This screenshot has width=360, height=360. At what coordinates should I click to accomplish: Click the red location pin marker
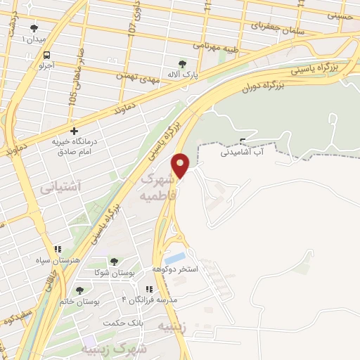coord(181,166)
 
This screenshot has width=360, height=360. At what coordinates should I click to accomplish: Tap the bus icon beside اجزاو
coord(47,55)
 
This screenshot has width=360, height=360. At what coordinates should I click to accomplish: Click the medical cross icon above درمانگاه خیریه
coord(73,131)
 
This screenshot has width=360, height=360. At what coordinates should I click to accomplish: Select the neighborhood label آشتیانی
coord(60,186)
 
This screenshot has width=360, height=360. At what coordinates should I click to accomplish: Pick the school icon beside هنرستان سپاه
coord(59,249)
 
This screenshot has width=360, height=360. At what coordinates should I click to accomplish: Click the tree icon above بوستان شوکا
coord(114,262)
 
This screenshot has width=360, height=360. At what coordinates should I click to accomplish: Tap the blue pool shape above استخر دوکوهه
coord(175,257)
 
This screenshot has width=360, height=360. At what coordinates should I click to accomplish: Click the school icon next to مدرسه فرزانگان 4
coord(148,289)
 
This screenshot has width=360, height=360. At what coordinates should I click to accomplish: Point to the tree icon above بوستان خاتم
coord(79,290)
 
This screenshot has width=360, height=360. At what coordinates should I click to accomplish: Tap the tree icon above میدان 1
coord(34,28)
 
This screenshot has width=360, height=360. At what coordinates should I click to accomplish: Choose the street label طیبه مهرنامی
coord(219,44)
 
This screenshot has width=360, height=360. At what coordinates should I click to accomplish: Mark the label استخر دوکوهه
coord(176,269)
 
